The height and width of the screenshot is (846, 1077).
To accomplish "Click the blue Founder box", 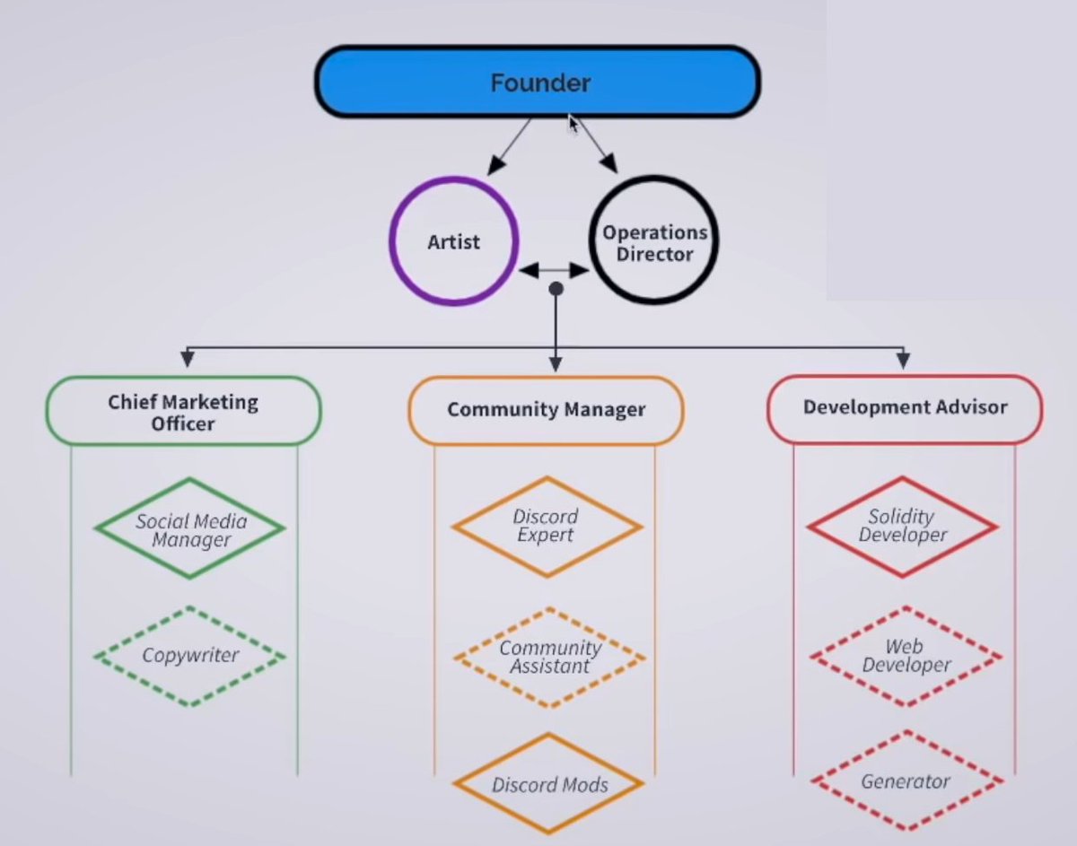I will click(538, 83).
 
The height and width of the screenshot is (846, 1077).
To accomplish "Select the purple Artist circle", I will click(454, 241).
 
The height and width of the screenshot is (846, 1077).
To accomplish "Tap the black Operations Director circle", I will click(654, 242).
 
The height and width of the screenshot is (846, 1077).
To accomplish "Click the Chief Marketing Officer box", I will click(183, 412).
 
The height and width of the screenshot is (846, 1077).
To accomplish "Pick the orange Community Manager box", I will click(546, 410).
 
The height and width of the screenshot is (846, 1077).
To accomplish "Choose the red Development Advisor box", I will click(905, 408).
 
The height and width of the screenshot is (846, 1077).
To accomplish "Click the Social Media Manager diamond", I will click(190, 529).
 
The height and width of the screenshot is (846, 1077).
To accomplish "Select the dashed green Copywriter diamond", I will click(190, 656).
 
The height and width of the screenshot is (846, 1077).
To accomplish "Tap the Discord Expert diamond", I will click(546, 526).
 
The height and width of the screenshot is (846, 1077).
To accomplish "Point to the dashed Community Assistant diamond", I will click(549, 657).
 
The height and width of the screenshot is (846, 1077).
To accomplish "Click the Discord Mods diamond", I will click(549, 785).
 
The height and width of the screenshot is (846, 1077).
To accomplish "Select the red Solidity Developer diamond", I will click(902, 526).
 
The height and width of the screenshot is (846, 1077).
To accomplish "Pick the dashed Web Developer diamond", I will click(905, 656).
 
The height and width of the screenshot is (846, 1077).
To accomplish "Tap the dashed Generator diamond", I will click(905, 781).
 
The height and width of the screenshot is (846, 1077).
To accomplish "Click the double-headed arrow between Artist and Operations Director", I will click(554, 270).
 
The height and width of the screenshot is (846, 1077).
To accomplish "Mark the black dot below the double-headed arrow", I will click(556, 289).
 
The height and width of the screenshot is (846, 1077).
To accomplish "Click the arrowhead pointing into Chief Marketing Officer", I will click(187, 359).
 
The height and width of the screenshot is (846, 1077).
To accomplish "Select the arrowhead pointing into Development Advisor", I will click(904, 359).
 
